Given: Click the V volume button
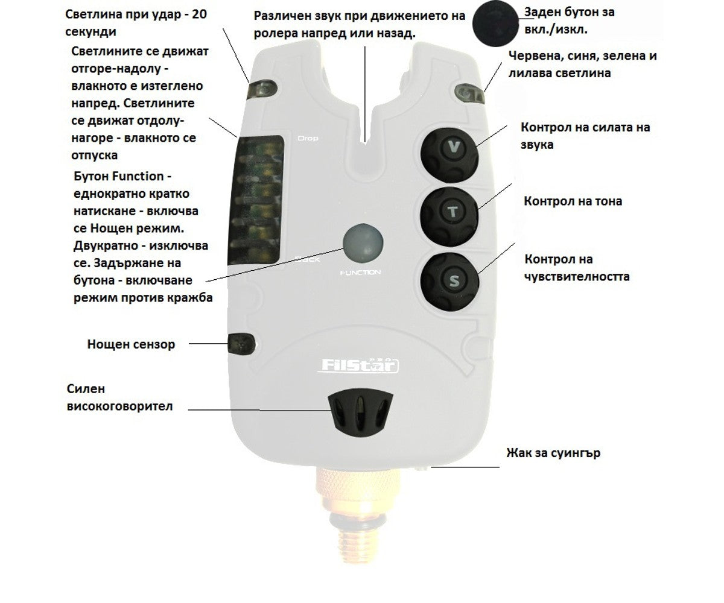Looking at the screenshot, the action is (449, 155).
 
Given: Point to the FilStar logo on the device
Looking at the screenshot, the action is (358, 365).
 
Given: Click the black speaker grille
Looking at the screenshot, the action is (360, 409).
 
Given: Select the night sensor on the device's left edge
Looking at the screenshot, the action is (241, 344).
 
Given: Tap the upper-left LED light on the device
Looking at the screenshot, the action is (262, 89).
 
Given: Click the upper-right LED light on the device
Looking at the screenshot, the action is (469, 93).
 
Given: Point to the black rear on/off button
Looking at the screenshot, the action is (495, 24).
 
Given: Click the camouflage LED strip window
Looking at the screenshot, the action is (256, 201).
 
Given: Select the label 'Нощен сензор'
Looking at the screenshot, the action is (131, 344).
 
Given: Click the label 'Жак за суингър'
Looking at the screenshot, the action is (553, 453).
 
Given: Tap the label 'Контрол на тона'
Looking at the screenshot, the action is (573, 201).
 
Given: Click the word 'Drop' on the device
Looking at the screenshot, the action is (308, 138).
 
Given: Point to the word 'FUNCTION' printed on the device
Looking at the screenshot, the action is (360, 273).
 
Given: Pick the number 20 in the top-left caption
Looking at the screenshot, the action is (199, 14).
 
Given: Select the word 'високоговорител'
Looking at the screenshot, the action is (119, 406).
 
